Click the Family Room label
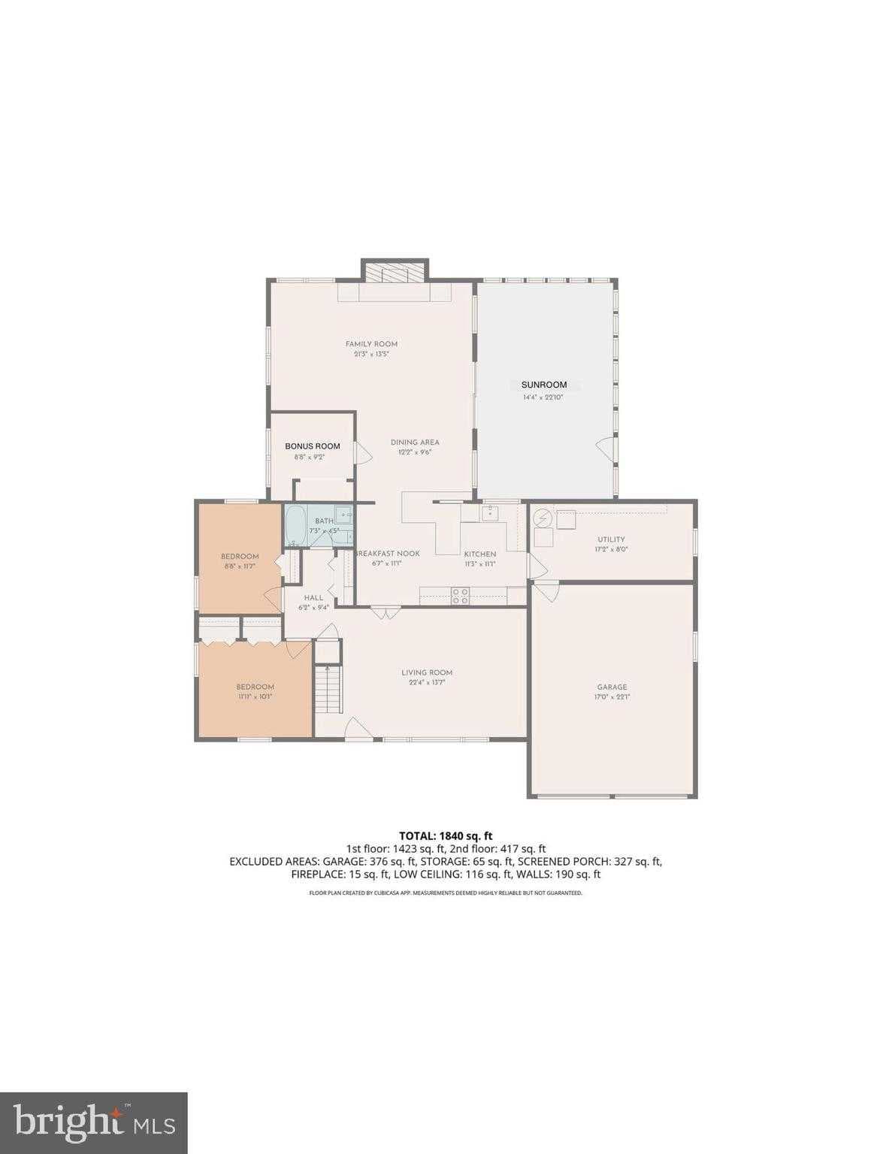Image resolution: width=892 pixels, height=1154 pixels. pos(371,344)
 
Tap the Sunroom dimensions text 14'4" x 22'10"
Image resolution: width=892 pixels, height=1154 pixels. pos(543,397)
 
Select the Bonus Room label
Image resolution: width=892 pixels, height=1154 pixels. pos(312,446)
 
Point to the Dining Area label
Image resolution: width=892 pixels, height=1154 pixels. pos(415,443)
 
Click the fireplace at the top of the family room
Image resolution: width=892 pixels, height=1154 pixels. pos(395,272)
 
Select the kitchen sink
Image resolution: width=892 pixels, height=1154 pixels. pos(489,513)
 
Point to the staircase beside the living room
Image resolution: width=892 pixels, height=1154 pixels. pos(328,689)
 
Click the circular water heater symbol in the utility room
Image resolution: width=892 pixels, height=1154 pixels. pos(543,518)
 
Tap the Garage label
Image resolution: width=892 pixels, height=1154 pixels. pos(612,687)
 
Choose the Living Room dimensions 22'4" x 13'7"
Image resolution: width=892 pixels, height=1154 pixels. pos(426,683)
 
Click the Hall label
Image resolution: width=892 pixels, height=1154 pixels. pos(313,598)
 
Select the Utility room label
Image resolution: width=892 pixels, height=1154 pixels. pos(611,539)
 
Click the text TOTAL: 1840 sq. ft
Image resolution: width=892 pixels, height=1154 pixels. pos(445,835)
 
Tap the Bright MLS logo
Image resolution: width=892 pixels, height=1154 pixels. pos(93,1124)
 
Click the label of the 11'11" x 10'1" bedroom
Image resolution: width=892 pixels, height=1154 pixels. pos(255,687)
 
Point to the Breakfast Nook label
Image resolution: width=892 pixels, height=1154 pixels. pos(388,554)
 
